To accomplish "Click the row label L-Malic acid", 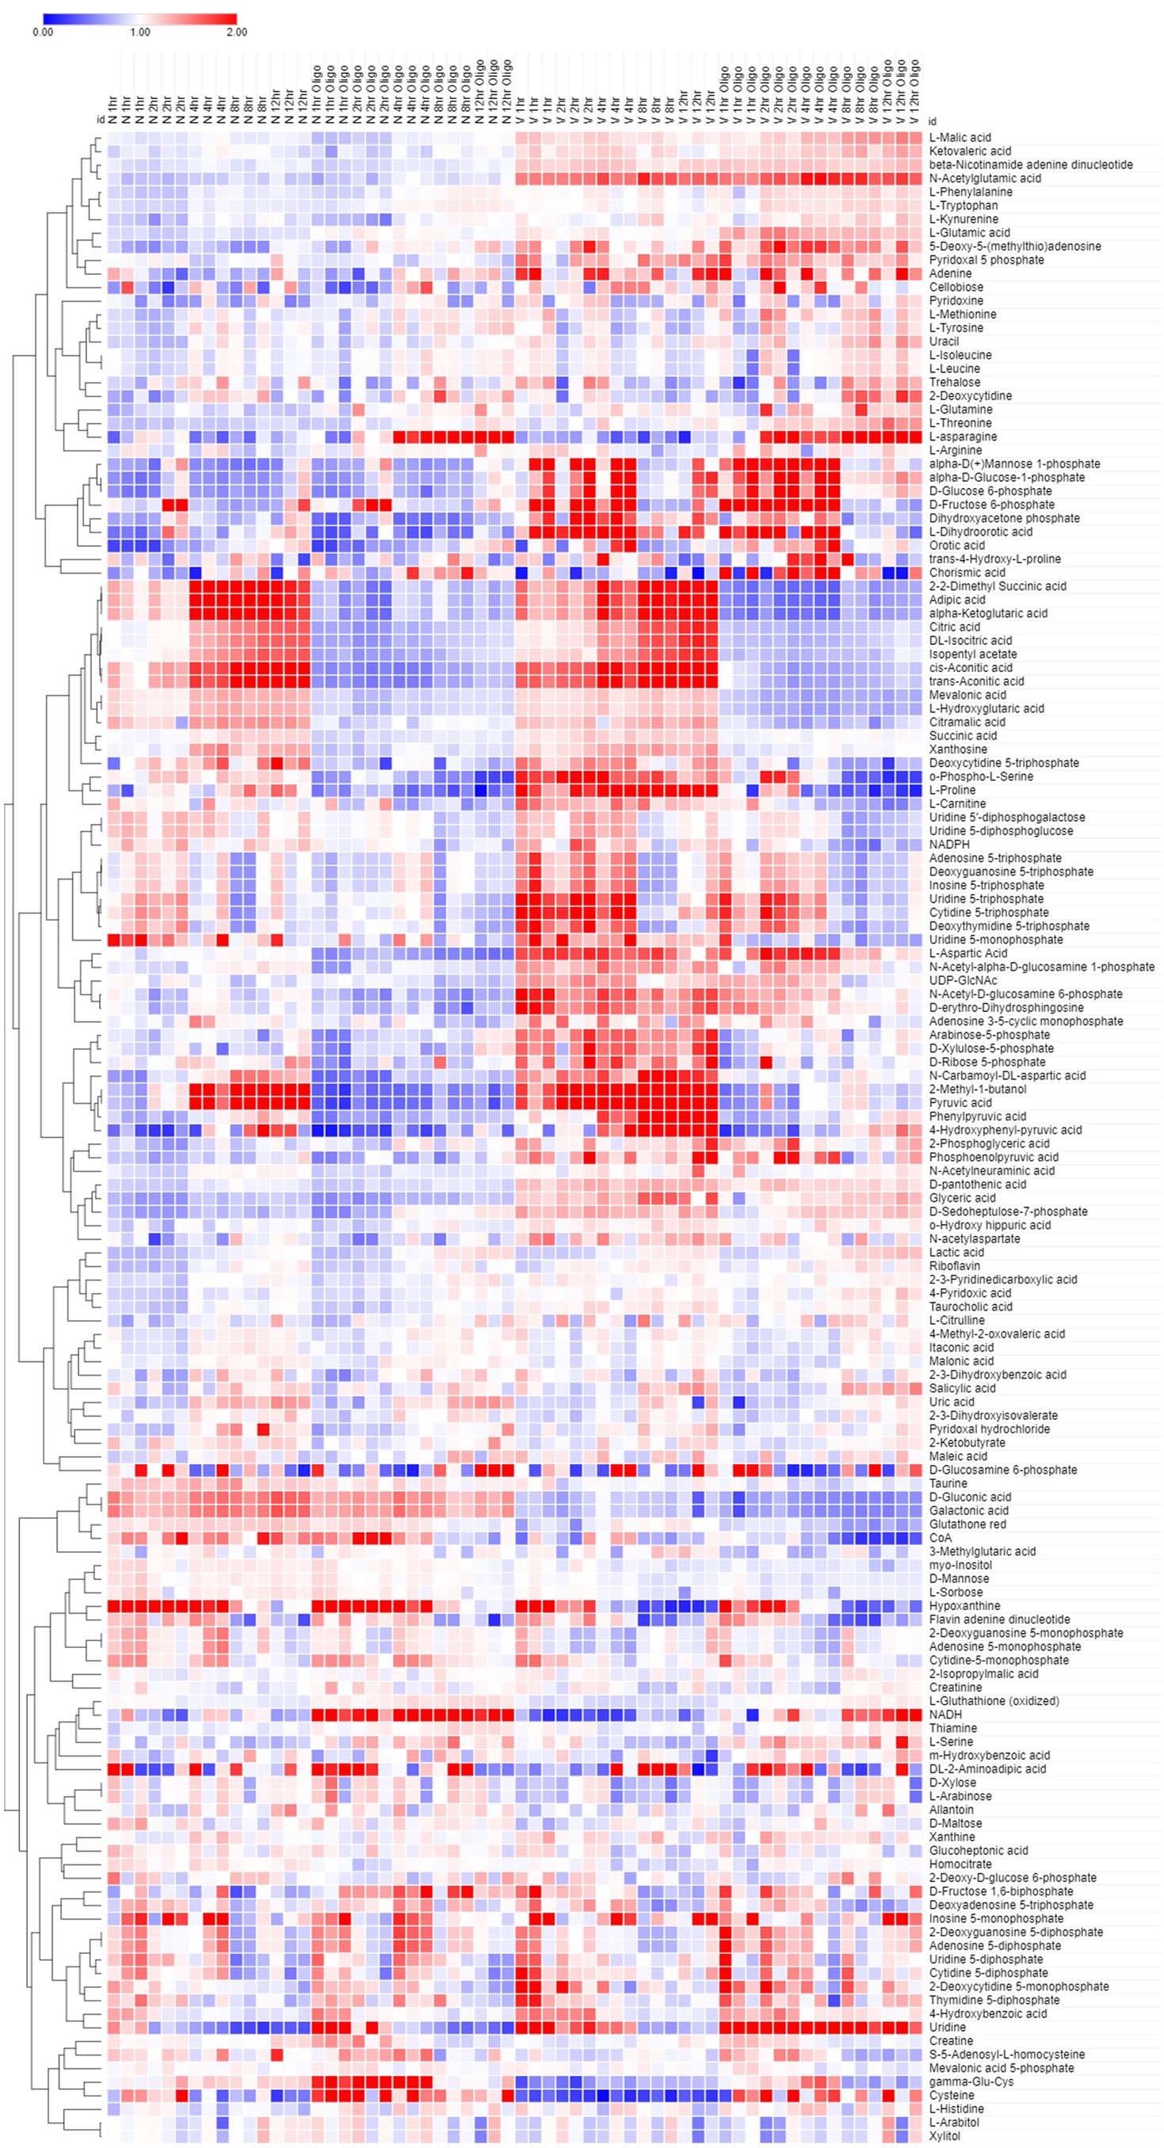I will [960, 138].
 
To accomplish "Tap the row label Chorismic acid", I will [967, 573].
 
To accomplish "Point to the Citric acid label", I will [955, 627].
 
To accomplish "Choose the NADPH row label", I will [950, 845].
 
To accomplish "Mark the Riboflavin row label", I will [956, 1266].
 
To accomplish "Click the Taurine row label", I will [948, 1483].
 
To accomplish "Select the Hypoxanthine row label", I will [965, 1605].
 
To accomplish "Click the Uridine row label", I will [947, 2027].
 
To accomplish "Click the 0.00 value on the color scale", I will [43, 32].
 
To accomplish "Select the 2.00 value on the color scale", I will [236, 32].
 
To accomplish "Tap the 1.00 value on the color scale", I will [140, 32].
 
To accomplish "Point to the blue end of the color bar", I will [48, 18].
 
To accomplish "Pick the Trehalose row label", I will [955, 382].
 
